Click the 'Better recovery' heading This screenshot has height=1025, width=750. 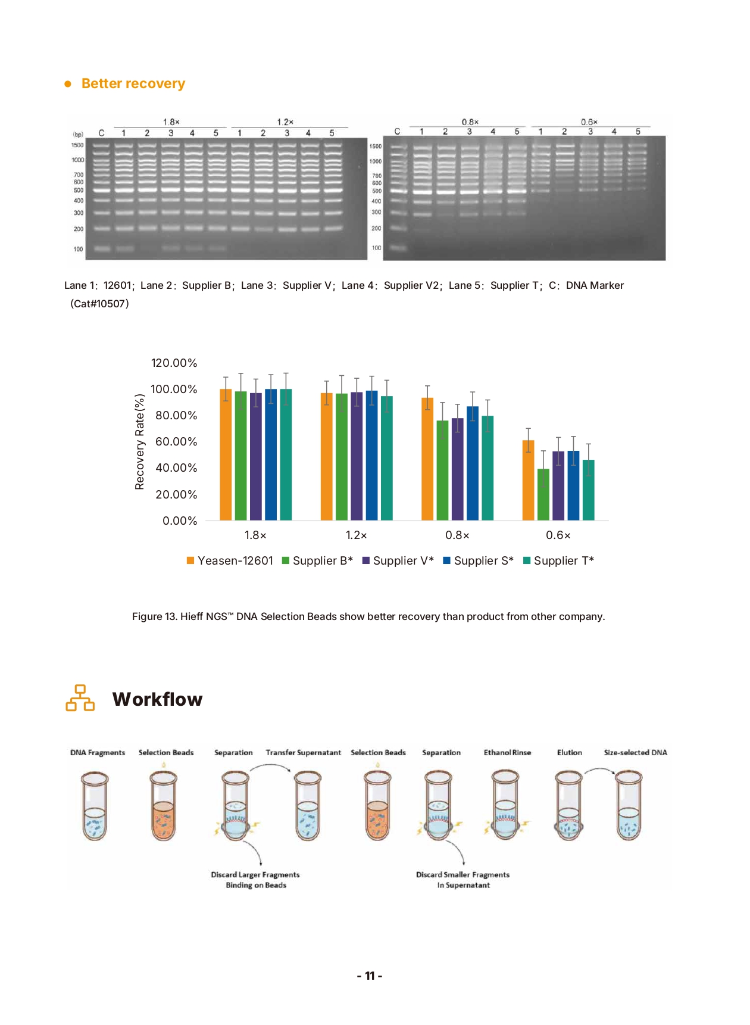133,84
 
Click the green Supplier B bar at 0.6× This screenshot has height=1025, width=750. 543,494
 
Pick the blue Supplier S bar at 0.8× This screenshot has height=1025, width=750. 473,463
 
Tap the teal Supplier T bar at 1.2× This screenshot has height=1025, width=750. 386,458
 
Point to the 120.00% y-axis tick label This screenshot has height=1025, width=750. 174,363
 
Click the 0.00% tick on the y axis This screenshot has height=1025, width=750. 180,521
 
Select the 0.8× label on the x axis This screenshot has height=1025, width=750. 457,535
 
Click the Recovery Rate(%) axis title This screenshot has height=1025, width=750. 140,442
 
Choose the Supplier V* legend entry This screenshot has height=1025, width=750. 398,561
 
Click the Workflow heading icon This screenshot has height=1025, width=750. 80,698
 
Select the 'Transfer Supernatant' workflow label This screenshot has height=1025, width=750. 304,753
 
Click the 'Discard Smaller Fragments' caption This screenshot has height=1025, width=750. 462,875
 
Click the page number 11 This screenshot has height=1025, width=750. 370,976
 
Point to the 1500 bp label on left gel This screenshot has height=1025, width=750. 77,145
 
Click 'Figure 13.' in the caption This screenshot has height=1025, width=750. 154,617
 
